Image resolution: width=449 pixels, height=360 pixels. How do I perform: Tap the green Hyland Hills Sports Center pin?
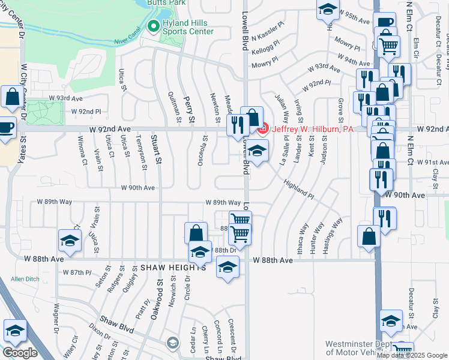coord(152,26)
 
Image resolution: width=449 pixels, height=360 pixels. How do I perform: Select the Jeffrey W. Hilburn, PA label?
coord(304,129)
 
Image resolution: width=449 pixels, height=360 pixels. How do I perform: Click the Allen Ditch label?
coord(25,279)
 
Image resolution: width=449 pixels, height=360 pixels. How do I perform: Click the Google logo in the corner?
coord(20,353)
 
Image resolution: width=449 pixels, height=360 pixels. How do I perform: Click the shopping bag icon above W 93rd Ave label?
coord(11,98)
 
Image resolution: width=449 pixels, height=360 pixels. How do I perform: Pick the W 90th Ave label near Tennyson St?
coord(137,188)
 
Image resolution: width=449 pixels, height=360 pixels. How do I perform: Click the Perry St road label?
coord(189,111)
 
